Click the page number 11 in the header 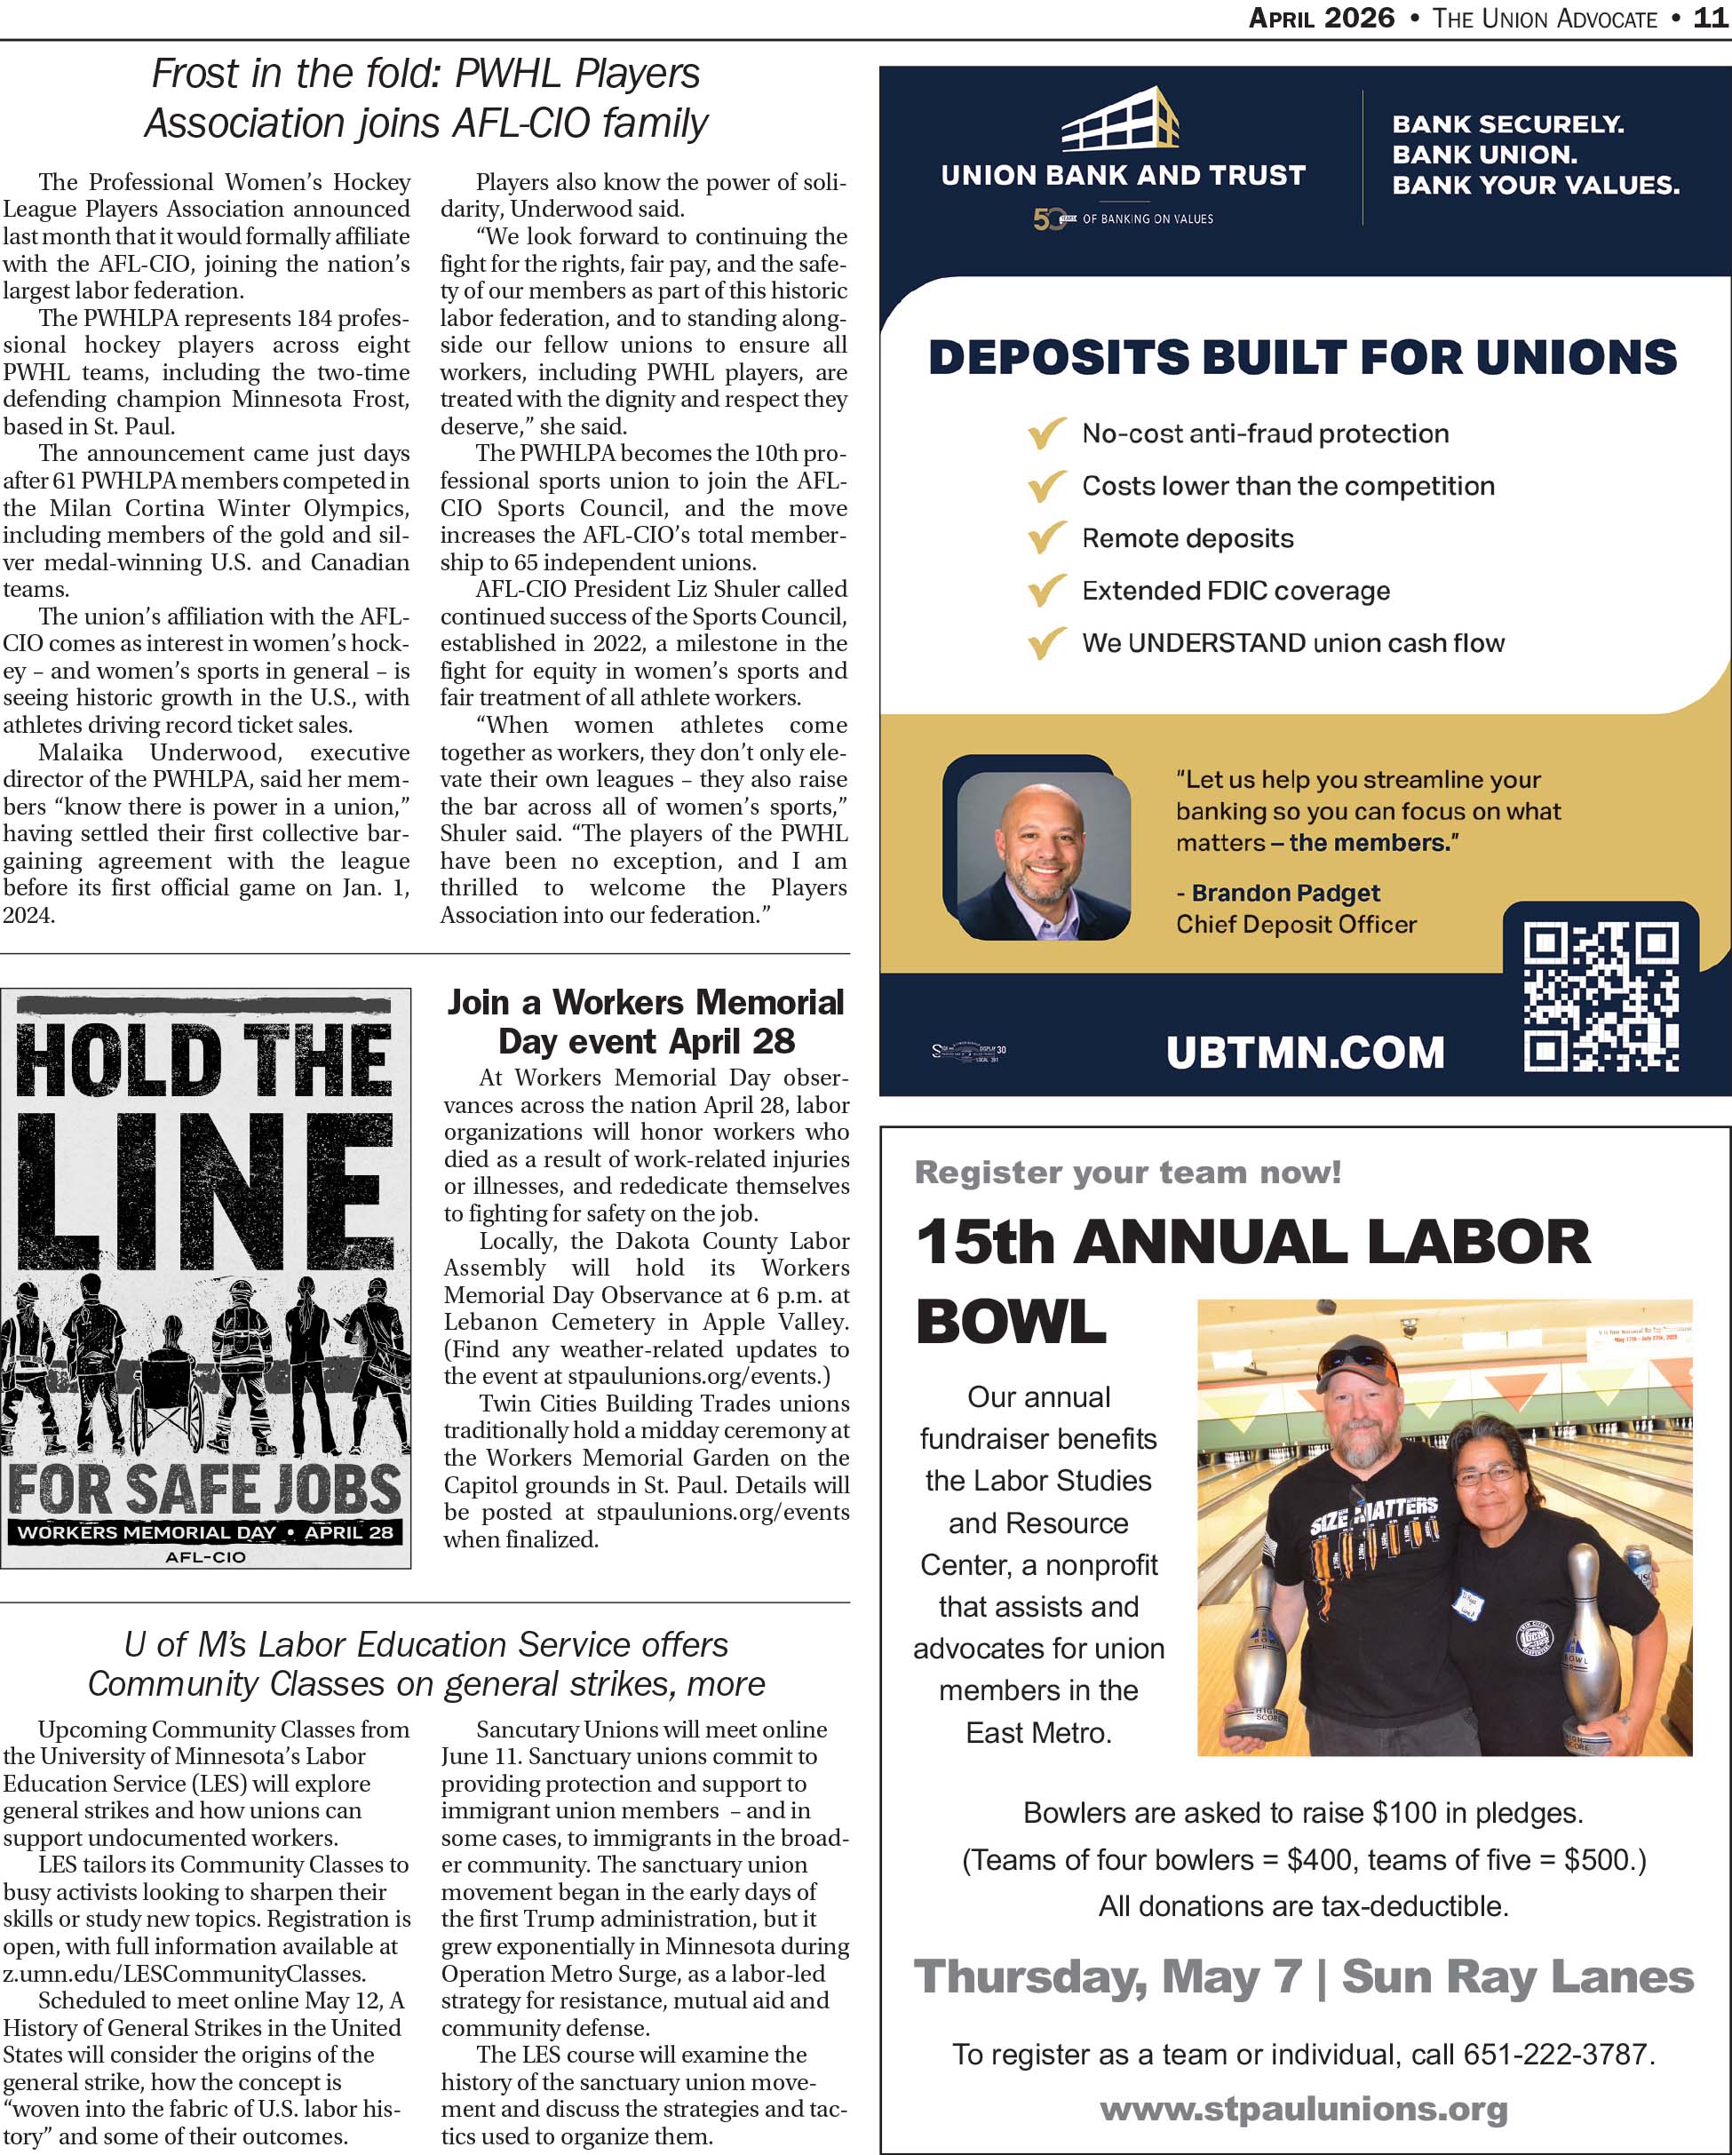click(x=1712, y=18)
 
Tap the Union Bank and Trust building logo click(x=1121, y=120)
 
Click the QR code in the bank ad click(x=1600, y=998)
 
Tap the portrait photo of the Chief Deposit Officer click(x=1043, y=855)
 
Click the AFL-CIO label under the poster click(x=205, y=1556)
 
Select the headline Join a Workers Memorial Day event click(x=646, y=1022)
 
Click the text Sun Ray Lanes click(x=1517, y=1976)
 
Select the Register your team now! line click(x=1127, y=1172)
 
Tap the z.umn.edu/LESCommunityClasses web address click(x=184, y=1974)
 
